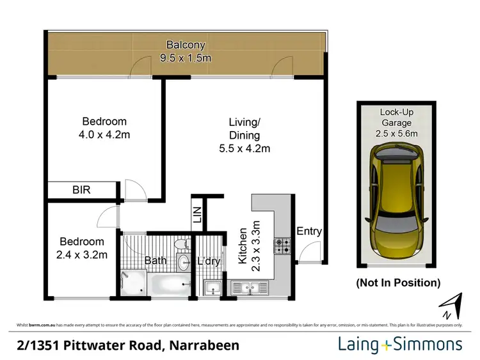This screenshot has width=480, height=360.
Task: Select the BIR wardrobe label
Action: [x=81, y=190]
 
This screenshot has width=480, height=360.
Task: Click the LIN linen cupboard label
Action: [x=196, y=215]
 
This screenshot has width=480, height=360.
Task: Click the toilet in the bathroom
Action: [x=181, y=245]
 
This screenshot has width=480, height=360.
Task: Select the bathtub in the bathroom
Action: [x=168, y=283]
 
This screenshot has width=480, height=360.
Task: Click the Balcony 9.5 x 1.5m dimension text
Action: [x=185, y=58]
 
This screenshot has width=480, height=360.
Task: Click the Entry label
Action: [x=309, y=231]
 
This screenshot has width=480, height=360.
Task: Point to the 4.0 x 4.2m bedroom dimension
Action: [x=105, y=135]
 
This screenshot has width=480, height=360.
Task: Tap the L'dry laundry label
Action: [x=209, y=261]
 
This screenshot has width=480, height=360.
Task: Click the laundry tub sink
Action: [x=212, y=288]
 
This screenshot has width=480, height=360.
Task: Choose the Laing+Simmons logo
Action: [x=399, y=345]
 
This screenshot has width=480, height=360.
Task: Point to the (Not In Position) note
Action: [x=397, y=282]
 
